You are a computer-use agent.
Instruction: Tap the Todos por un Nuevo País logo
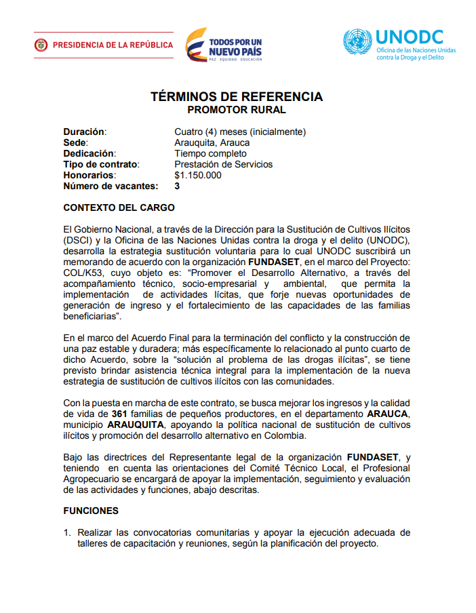(224, 45)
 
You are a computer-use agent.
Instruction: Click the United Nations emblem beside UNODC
(357, 42)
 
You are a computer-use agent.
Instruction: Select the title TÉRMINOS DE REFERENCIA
(237, 97)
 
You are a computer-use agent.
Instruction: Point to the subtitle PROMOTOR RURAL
(237, 109)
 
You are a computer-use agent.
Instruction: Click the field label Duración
(85, 132)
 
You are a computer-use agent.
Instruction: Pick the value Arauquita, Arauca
(212, 142)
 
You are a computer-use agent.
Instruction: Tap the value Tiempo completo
(210, 153)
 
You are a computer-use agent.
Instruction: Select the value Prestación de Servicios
(223, 164)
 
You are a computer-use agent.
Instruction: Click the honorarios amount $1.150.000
(197, 175)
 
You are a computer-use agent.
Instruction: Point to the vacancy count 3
(177, 186)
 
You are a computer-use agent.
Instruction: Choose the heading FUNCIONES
(90, 511)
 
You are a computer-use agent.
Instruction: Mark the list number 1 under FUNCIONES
(67, 533)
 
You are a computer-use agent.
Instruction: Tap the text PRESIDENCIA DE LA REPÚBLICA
(113, 45)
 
